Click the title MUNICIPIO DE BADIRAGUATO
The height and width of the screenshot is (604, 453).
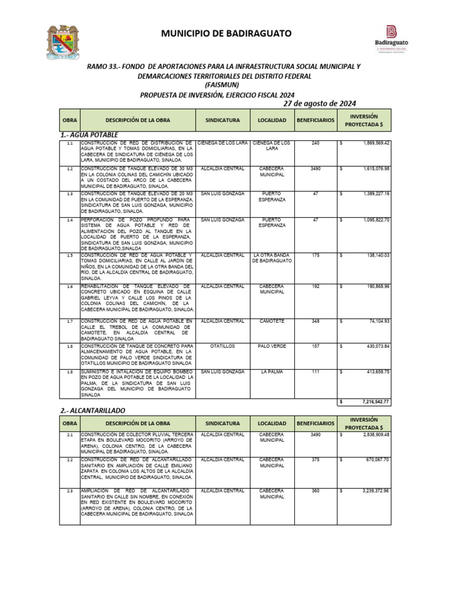226,34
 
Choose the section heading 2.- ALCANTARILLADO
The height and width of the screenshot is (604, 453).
93,410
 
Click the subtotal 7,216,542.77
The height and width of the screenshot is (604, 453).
375,401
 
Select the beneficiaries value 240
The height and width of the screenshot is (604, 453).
315,143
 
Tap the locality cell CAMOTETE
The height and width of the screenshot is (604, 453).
271,321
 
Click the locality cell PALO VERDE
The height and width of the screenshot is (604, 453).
271,346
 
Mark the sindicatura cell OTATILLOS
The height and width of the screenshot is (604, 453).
222,346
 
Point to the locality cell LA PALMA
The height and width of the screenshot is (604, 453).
271,372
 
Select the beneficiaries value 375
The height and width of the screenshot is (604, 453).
315,459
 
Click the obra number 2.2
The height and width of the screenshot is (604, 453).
70,459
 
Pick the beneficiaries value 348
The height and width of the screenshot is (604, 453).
315,321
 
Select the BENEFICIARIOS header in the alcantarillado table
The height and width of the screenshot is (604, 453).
315,424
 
